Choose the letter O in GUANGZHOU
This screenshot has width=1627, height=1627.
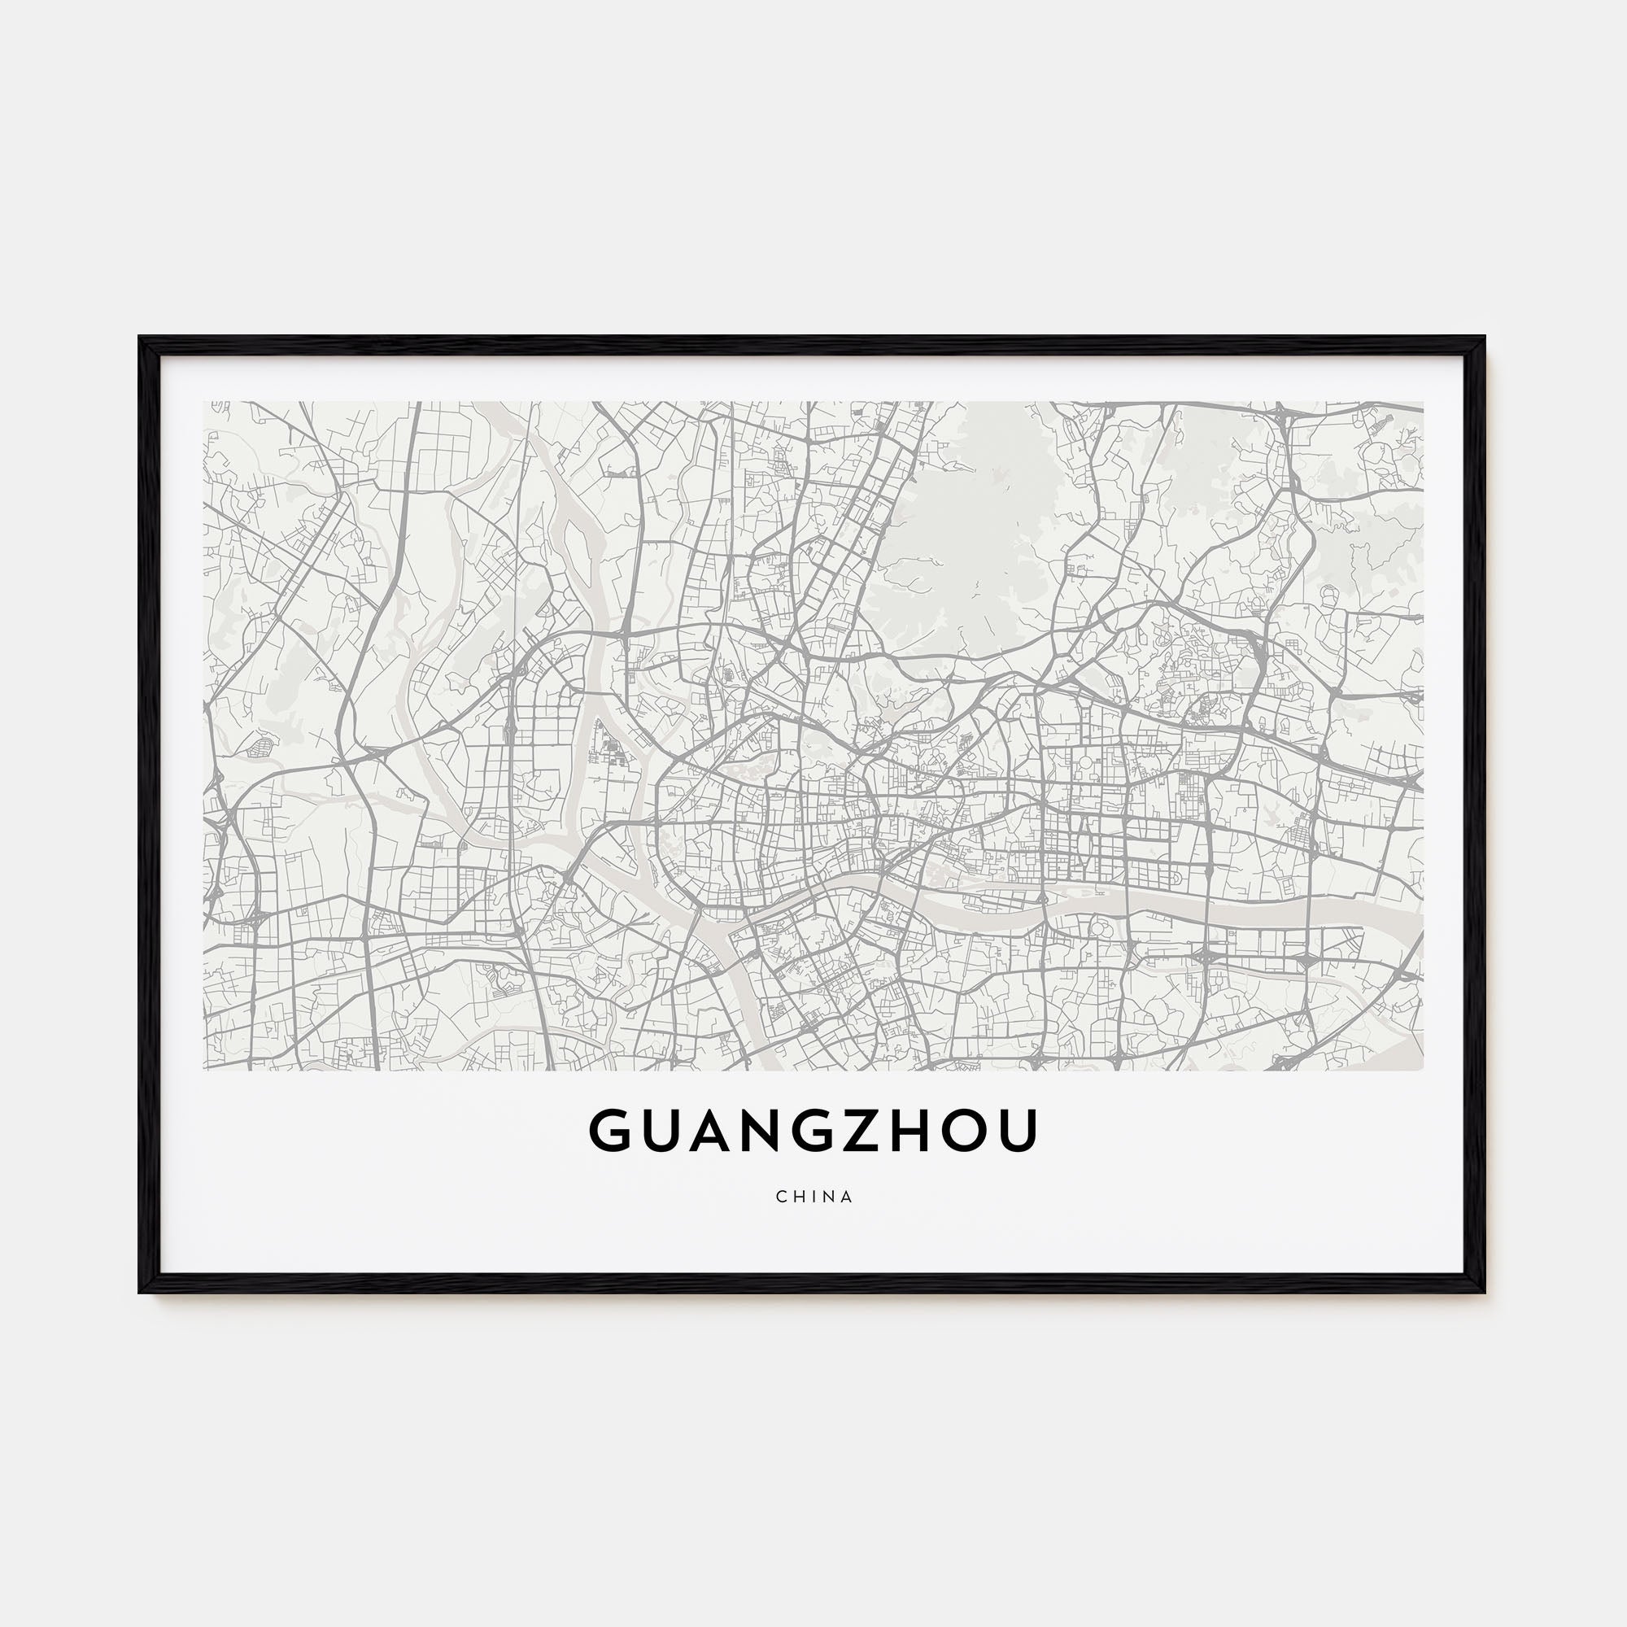(x=977, y=1131)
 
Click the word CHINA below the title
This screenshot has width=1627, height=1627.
(x=814, y=1197)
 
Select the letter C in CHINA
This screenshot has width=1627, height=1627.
(x=782, y=1197)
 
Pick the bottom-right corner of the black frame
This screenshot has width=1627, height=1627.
(x=1485, y=1291)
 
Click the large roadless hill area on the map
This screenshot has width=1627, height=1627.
(x=968, y=530)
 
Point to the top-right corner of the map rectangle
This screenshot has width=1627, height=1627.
(x=1423, y=402)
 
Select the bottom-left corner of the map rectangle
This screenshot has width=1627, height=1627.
(x=204, y=1071)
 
